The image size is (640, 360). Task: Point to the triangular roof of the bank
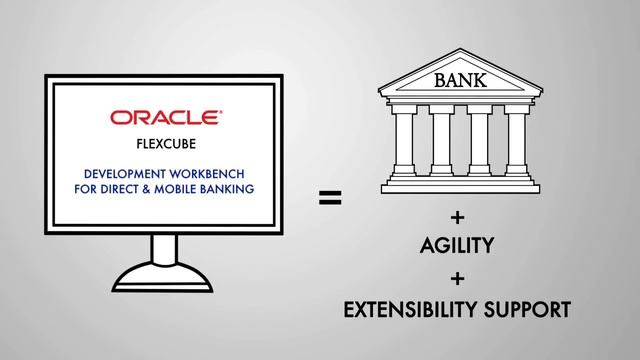click(x=459, y=73)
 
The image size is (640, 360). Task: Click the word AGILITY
click(x=459, y=245)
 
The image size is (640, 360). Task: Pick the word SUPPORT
click(x=532, y=309)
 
